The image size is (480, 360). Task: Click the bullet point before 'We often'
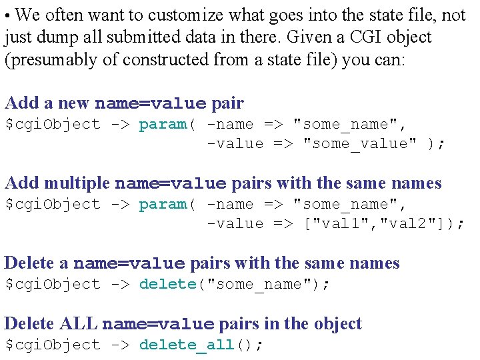click(x=7, y=15)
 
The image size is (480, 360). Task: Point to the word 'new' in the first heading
click(x=74, y=103)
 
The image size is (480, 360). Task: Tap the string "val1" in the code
click(x=340, y=224)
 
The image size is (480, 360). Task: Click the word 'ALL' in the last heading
click(x=79, y=324)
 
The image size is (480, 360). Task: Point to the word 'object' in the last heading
click(x=336, y=324)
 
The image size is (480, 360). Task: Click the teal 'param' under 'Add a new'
click(x=163, y=124)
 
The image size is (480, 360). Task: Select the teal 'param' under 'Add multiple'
click(x=163, y=204)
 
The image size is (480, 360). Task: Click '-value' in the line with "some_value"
click(x=235, y=144)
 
